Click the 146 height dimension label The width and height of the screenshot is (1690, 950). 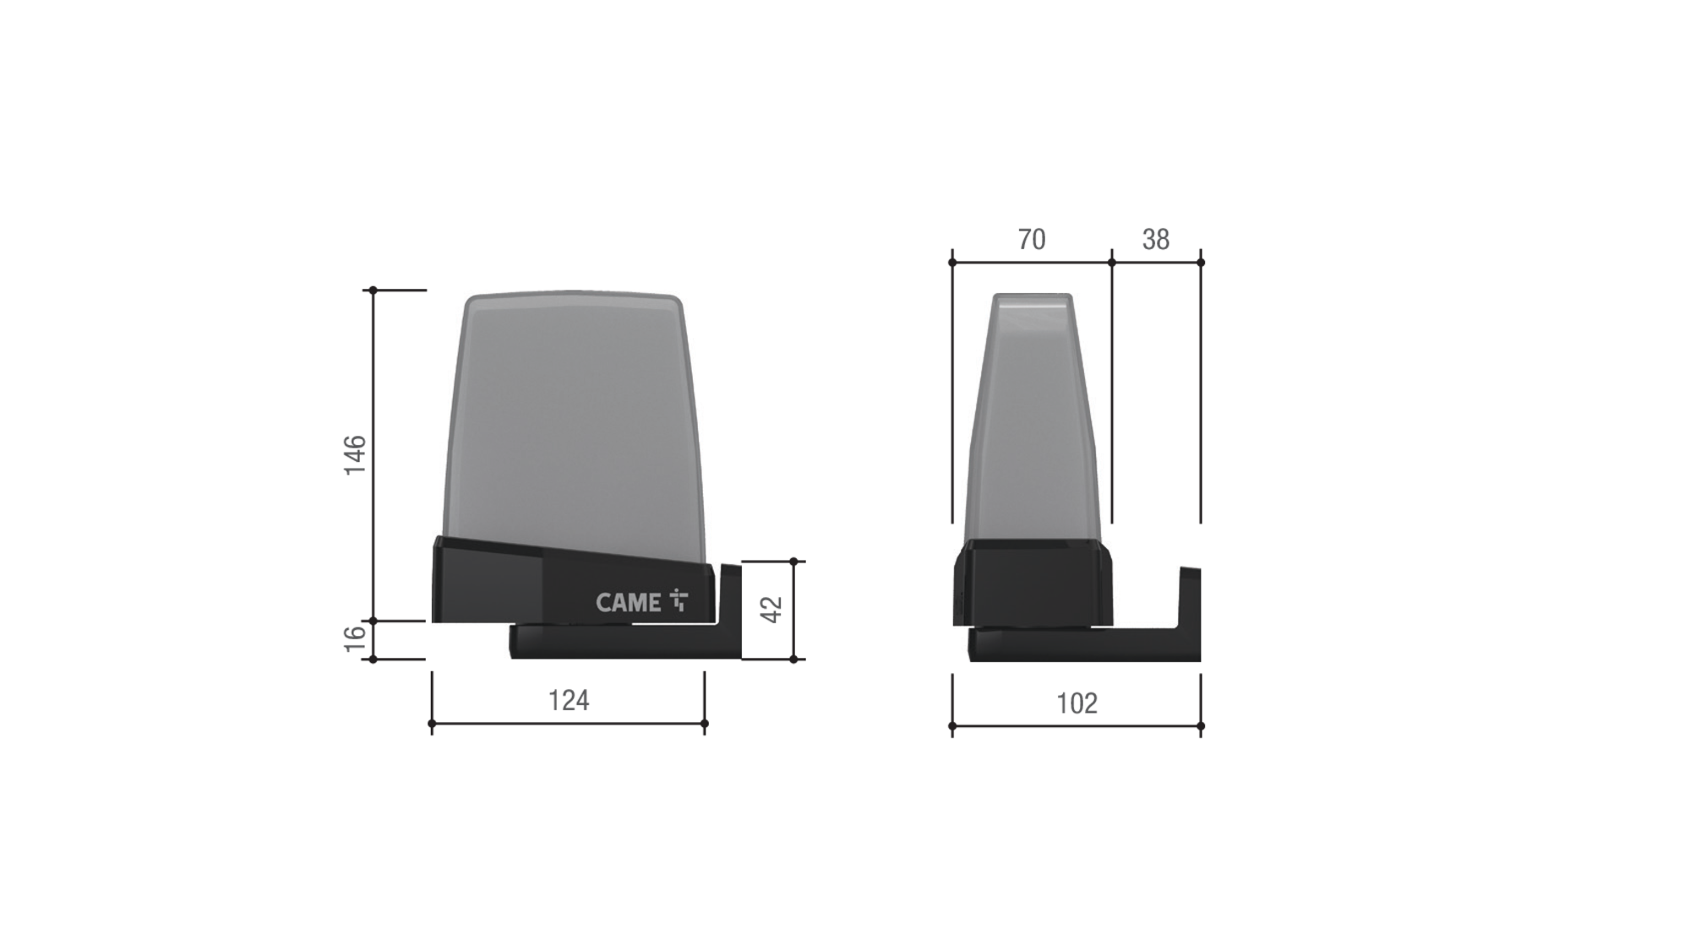[x=355, y=455]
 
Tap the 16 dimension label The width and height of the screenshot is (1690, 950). [x=355, y=639]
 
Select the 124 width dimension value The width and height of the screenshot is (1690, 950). [x=569, y=700]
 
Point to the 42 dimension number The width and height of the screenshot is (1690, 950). [x=772, y=610]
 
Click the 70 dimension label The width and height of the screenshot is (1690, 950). [x=1032, y=240]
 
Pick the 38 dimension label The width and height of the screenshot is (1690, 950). [x=1156, y=240]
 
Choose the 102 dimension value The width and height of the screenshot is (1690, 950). [x=1077, y=703]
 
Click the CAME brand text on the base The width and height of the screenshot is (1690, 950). [x=629, y=602]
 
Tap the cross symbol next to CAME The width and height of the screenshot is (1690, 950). [x=679, y=600]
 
